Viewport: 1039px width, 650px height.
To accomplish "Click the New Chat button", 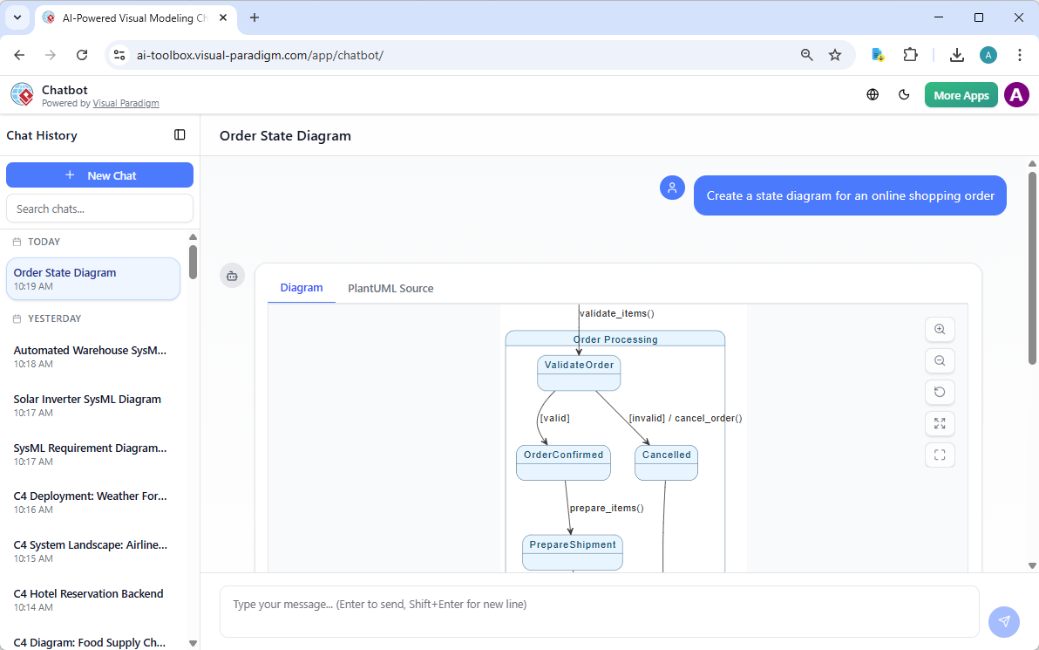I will click(99, 175).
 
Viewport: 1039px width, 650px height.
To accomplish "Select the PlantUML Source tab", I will click(390, 288).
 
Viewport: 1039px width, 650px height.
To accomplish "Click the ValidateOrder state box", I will click(579, 373).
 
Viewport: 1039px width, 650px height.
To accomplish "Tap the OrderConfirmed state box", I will click(563, 462).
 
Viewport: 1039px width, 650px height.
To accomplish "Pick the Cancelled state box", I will click(666, 462).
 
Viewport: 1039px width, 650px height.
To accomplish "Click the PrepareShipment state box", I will click(573, 551).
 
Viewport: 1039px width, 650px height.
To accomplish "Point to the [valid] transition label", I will click(554, 418).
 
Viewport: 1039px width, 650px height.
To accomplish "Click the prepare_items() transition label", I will click(607, 508).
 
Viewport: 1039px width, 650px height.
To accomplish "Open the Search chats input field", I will click(99, 209).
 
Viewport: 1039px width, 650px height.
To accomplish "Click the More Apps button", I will click(961, 95).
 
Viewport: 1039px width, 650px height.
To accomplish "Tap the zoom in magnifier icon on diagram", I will click(940, 330).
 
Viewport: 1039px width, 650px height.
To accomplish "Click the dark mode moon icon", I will click(904, 95).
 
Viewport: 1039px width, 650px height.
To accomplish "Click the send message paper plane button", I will click(1003, 621).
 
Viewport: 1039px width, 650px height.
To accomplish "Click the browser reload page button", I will click(82, 55).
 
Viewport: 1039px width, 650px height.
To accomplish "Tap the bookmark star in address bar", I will click(835, 55).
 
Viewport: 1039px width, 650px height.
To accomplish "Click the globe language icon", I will click(873, 95).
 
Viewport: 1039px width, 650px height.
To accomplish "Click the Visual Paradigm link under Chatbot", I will click(126, 103).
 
